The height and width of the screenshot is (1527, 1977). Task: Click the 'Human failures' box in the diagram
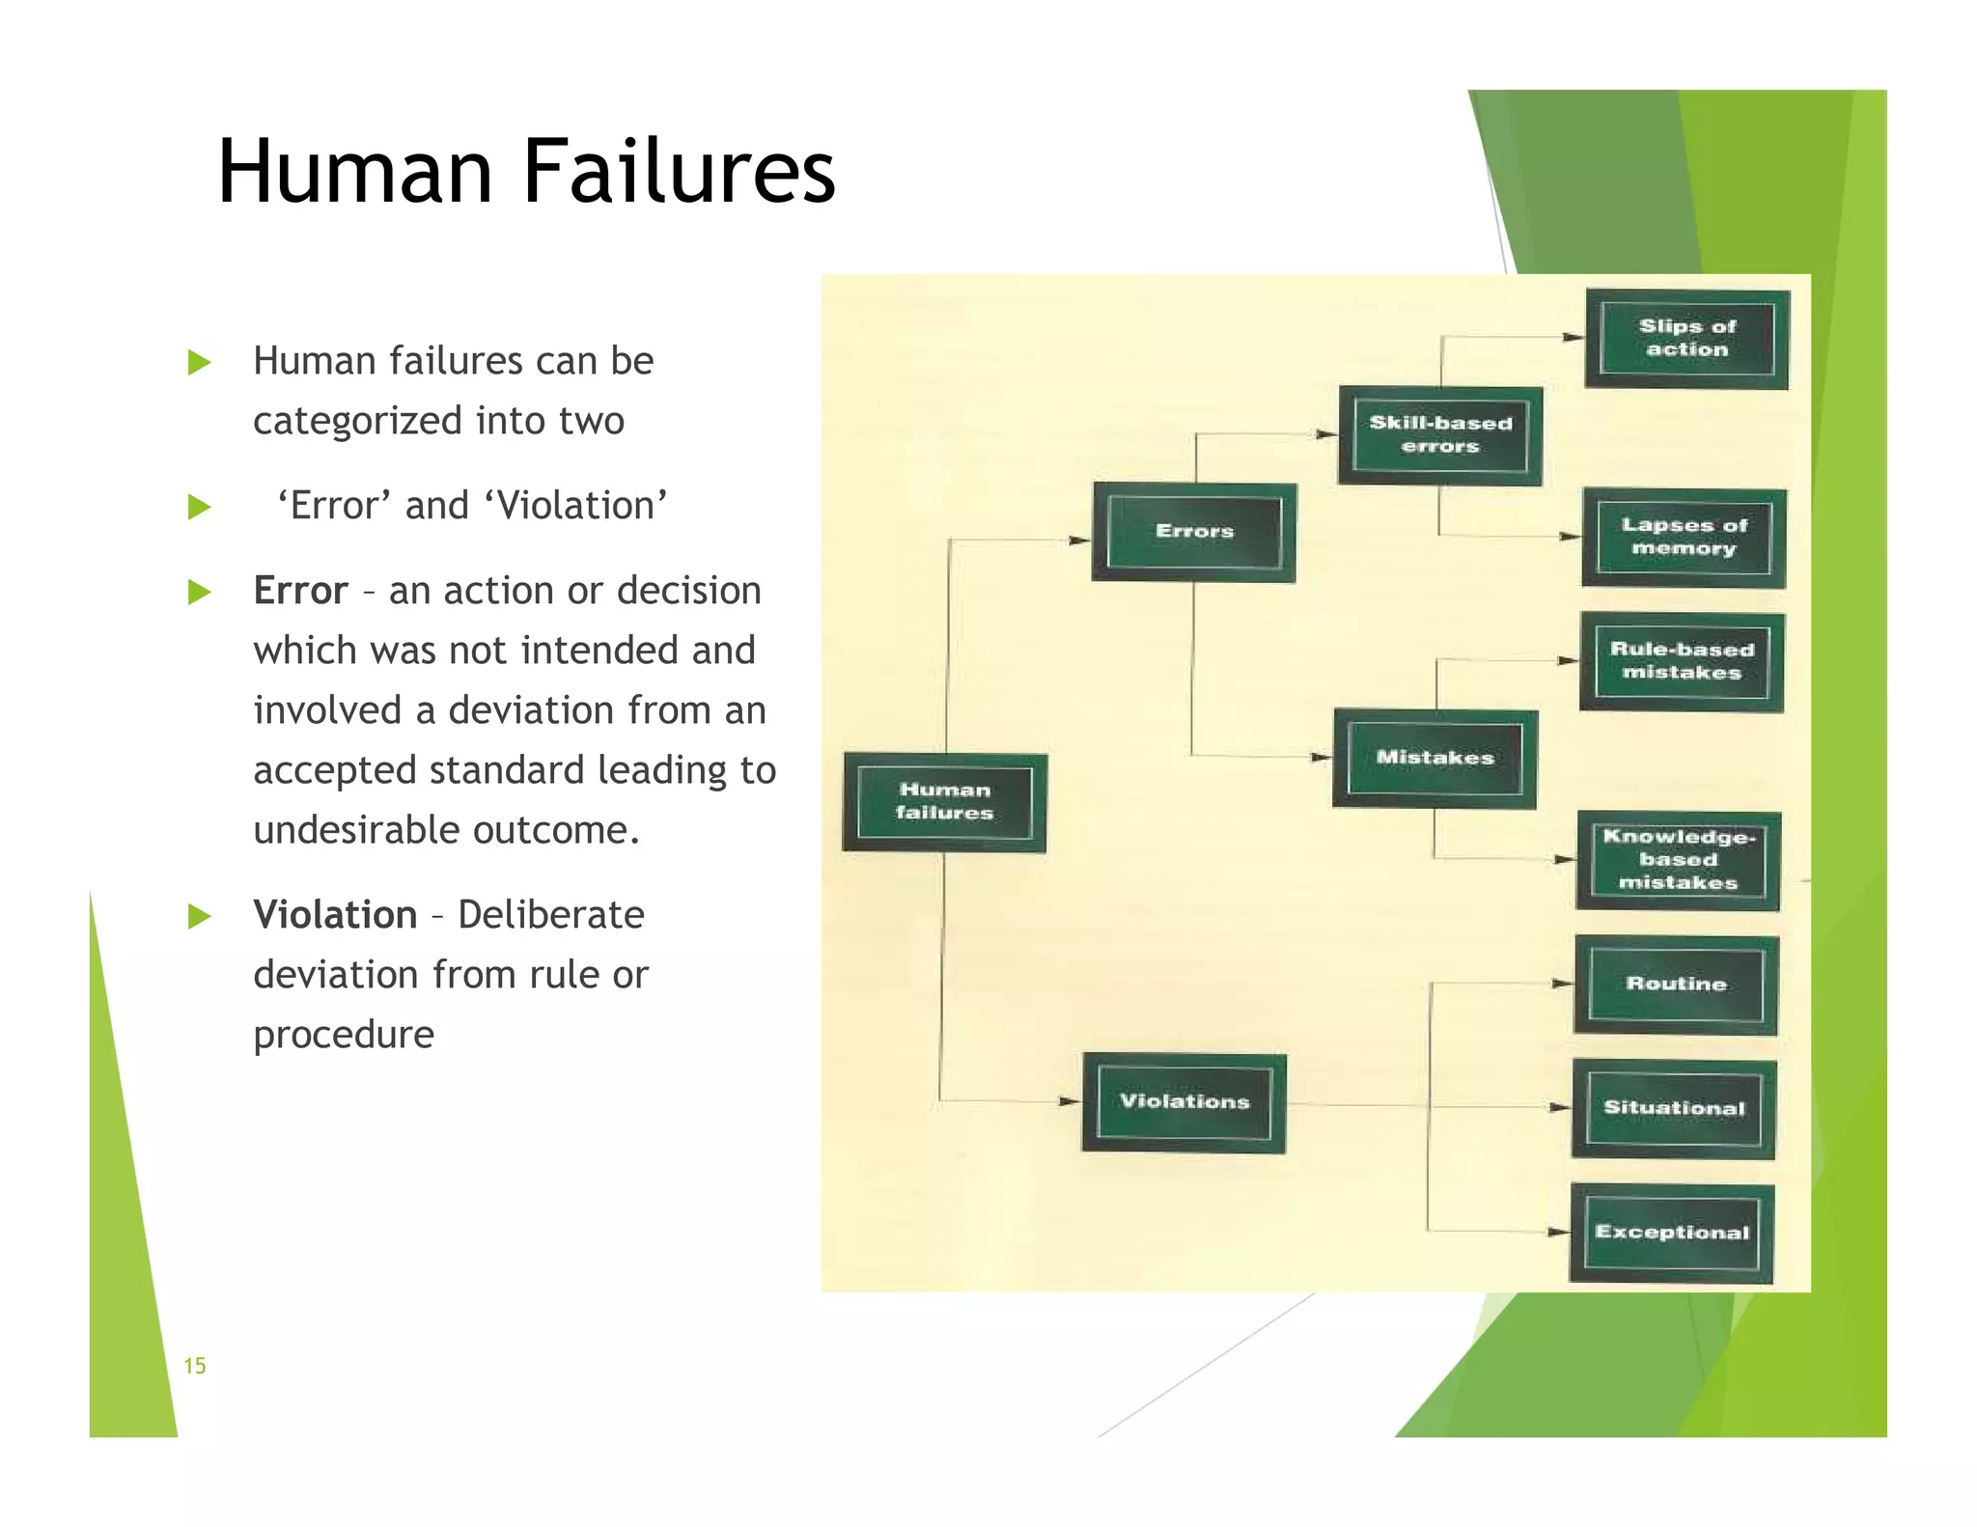[944, 802]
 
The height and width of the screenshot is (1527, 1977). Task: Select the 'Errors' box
[1194, 532]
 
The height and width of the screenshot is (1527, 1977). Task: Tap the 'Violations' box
[1184, 1102]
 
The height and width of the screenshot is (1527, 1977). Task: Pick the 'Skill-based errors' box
[1440, 435]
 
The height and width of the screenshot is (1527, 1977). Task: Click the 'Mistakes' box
[1434, 759]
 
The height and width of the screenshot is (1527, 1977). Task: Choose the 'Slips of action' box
[1687, 339]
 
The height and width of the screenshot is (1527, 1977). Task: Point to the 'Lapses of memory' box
[1684, 538]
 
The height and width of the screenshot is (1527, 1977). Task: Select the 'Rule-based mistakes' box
[1682, 662]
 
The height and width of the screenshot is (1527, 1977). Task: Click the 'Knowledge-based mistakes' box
[1678, 860]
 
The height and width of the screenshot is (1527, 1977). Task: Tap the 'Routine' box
[1676, 985]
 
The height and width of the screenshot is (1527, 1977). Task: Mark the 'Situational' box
[1674, 1108]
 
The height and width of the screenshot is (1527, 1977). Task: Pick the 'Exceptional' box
[1672, 1233]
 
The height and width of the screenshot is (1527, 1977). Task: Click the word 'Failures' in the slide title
[679, 172]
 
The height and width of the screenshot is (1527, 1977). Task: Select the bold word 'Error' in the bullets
[300, 591]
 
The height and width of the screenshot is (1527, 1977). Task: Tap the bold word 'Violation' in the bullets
[335, 915]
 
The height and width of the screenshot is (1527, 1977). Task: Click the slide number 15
[195, 1366]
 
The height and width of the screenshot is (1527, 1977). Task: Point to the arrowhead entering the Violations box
[1070, 1101]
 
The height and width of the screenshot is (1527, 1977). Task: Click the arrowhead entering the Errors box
[1079, 541]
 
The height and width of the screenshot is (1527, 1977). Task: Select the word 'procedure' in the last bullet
[344, 1036]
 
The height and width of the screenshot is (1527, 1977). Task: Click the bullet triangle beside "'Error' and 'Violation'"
[199, 507]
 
